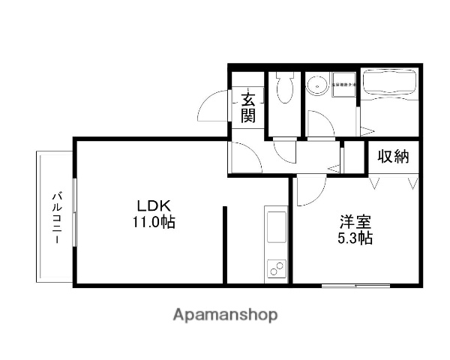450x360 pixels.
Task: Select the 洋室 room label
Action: pos(354,222)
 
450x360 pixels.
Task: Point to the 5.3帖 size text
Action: pos(354,239)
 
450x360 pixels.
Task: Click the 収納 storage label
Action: pos(393,157)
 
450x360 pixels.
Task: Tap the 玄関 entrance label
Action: pos(248,106)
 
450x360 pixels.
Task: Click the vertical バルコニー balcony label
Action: pos(55,217)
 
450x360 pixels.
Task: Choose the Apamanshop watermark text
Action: pos(225,315)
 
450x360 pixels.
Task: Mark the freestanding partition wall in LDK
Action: pos(225,244)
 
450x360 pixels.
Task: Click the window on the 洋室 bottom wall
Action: pos(351,285)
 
